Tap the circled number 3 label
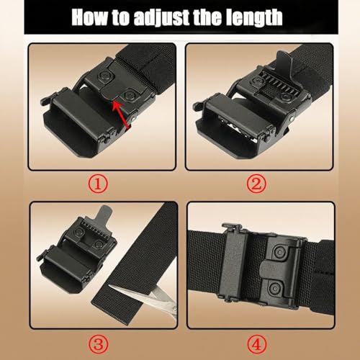102,338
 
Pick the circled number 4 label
258,338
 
